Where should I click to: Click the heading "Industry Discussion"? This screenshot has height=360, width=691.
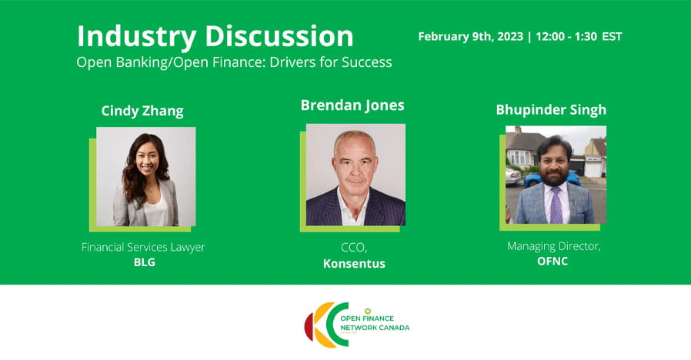[x=215, y=36]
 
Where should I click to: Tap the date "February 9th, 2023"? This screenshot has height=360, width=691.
[x=471, y=37]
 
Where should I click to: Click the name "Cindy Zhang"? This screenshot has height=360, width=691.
[x=142, y=111]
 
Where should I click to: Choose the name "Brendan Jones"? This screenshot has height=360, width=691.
[x=352, y=105]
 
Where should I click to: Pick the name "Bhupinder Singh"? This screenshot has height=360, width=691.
[x=551, y=110]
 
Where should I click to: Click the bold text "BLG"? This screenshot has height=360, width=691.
[x=145, y=262]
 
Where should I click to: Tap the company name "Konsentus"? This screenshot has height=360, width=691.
[x=354, y=264]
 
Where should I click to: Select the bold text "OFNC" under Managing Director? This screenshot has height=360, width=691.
[x=552, y=262]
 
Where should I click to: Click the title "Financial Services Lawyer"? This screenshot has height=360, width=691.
[x=143, y=247]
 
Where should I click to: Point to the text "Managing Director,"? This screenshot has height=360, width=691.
[x=554, y=246]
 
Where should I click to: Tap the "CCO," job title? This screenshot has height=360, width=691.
[x=354, y=248]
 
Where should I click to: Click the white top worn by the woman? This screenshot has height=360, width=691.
[x=155, y=211]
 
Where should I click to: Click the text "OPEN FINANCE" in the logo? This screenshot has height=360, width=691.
[x=367, y=318]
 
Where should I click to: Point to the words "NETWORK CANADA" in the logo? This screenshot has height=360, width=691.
[x=375, y=328]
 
